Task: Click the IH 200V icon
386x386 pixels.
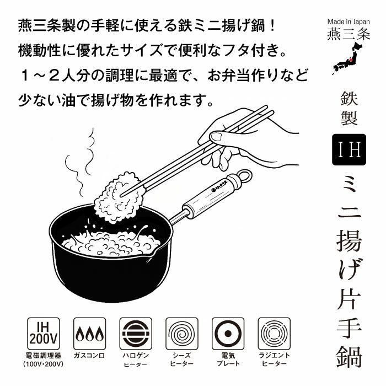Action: [44, 334]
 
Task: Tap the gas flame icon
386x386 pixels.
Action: [89, 334]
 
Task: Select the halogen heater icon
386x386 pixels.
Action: [136, 334]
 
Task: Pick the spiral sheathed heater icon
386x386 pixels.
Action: [182, 334]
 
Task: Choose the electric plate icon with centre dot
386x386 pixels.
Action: [228, 334]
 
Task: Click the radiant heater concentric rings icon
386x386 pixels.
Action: [274, 334]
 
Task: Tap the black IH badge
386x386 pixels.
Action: [349, 149]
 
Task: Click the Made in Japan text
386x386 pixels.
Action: [349, 22]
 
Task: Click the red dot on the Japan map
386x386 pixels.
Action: [351, 60]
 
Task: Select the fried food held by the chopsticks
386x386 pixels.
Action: [116, 197]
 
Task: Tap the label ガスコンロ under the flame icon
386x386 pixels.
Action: [89, 356]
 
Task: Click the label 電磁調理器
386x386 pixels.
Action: [44, 356]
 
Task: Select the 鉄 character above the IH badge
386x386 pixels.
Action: [349, 99]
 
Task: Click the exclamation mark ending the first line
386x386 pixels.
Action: [272, 26]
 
